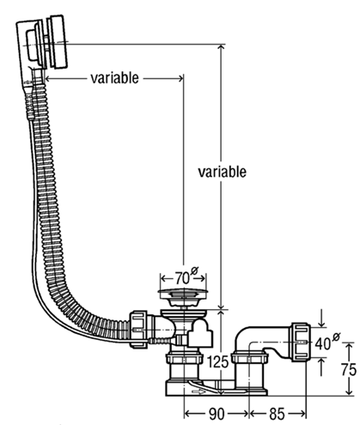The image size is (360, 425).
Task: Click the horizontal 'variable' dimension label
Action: (114, 78)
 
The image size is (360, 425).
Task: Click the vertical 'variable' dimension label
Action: (223, 172)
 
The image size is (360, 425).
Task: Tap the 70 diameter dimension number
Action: (182, 278)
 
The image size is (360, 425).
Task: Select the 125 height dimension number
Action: (218, 362)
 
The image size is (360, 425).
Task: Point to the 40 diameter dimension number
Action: (323, 343)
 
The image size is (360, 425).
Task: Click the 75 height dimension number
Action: (349, 369)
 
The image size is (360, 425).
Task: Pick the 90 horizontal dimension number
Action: (217, 414)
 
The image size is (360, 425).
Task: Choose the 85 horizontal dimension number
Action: (277, 414)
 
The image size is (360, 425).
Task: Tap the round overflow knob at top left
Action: (58, 42)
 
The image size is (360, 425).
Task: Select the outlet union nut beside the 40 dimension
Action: (300, 343)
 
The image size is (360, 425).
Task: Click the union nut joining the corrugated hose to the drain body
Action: (139, 329)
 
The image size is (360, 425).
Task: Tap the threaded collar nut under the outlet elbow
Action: (250, 358)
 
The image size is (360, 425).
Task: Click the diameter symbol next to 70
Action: (195, 270)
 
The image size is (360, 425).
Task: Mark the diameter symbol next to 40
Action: (336, 337)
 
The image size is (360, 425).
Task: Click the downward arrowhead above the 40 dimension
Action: (322, 323)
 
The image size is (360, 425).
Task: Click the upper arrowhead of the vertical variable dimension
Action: (221, 49)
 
